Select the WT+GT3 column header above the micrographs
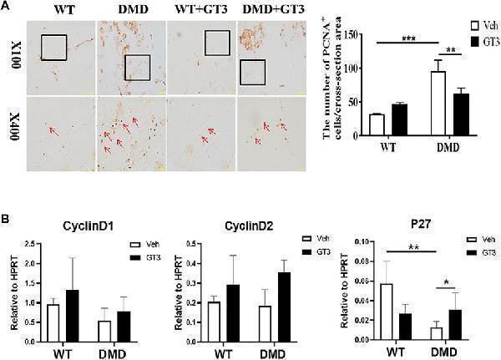click(x=200, y=10)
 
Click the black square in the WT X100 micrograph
click(x=53, y=47)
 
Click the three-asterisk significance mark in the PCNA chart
click(x=409, y=38)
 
